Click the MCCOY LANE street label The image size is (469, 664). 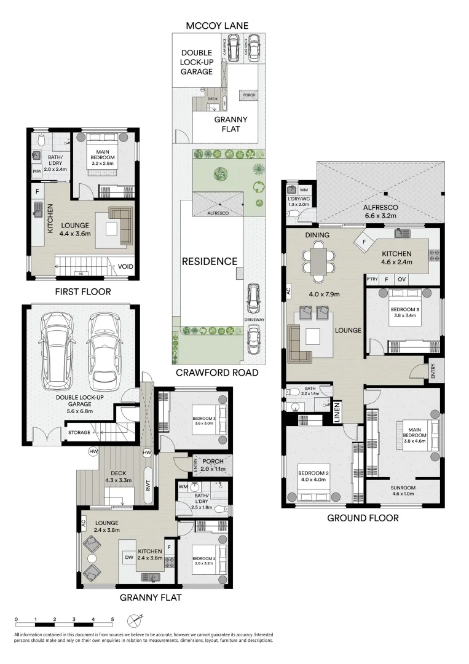[x=218, y=25]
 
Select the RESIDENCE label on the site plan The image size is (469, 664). [x=209, y=261]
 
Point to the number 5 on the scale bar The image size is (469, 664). [x=112, y=619]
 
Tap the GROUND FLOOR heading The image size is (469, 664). [x=362, y=518]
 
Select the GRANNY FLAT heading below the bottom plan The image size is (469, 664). [x=150, y=596]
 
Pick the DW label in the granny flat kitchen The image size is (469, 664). [x=129, y=557]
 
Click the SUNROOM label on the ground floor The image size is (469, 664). [x=403, y=489]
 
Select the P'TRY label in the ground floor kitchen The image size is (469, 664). [x=371, y=279]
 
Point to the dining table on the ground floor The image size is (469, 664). [x=318, y=259]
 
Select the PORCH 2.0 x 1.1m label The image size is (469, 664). [x=213, y=464]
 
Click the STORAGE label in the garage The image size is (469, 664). [x=79, y=432]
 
